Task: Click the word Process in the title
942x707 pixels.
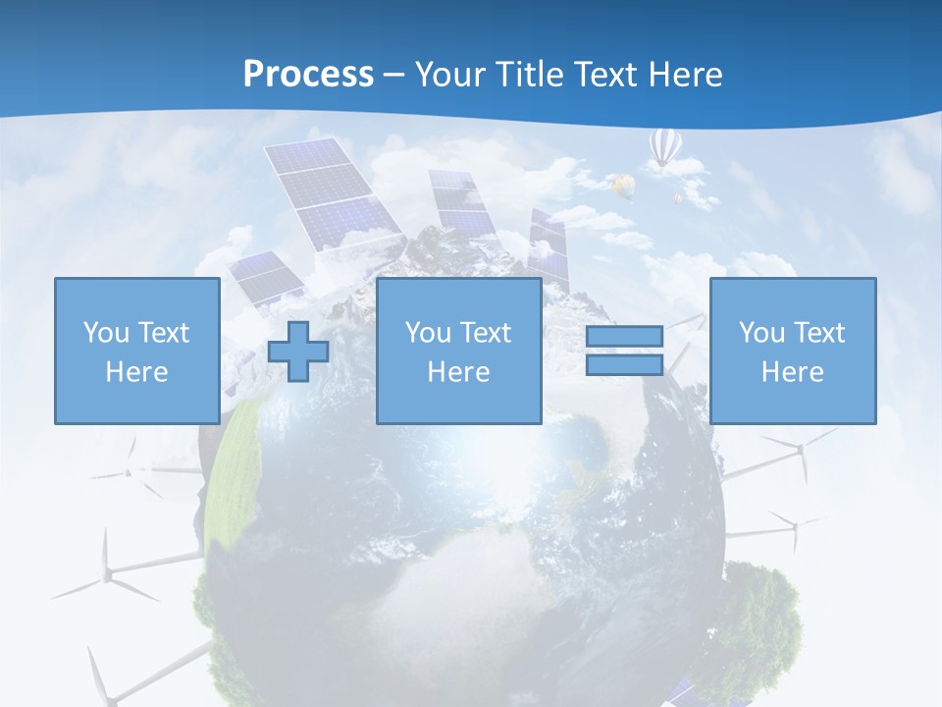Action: (x=308, y=74)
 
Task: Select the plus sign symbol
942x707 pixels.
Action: (x=298, y=351)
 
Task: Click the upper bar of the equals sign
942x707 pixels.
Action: (x=624, y=337)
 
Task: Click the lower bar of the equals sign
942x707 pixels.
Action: (x=624, y=364)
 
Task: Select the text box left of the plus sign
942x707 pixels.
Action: (x=136, y=351)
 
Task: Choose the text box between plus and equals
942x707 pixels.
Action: (x=458, y=351)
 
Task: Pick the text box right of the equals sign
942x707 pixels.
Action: (x=792, y=351)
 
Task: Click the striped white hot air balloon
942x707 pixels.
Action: (x=664, y=147)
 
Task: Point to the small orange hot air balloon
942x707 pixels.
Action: (x=622, y=185)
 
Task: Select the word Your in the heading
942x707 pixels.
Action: (x=450, y=74)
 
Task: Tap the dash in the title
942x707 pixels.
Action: (x=394, y=75)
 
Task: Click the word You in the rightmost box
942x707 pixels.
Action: (x=761, y=333)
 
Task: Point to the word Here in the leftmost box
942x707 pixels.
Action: (x=136, y=372)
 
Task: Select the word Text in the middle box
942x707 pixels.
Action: (x=487, y=333)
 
